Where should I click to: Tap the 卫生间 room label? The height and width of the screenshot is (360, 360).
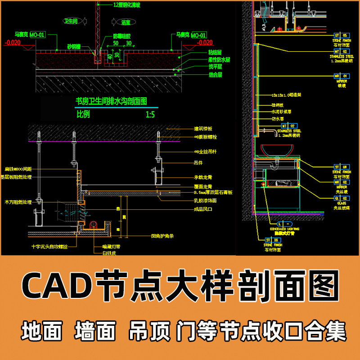pos(72,21)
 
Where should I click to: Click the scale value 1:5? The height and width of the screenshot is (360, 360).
pos(150,114)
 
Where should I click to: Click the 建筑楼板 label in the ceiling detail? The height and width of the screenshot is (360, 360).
pos(203,129)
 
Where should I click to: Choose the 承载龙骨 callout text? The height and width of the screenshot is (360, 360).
pos(203,177)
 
